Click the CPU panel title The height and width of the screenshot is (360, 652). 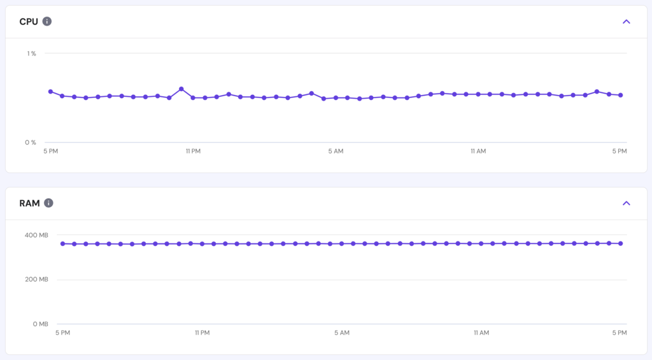tap(29, 22)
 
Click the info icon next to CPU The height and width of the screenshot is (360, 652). tap(47, 21)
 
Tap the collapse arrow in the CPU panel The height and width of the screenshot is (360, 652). tap(626, 22)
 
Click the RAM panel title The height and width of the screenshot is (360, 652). tap(29, 203)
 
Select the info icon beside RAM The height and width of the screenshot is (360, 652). tap(48, 203)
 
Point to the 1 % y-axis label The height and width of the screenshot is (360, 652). tap(31, 54)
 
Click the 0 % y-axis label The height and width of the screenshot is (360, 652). tap(31, 142)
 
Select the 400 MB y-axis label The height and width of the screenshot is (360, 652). tap(36, 235)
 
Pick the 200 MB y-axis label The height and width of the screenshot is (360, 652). tap(36, 279)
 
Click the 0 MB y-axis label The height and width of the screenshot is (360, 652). tap(39, 324)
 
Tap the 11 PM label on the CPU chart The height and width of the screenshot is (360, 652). tap(193, 151)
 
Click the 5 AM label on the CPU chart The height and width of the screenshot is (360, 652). tap(336, 151)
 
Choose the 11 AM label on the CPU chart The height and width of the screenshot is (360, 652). tap(478, 151)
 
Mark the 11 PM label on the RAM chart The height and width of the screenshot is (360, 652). tap(202, 333)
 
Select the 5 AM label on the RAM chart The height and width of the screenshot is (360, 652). tap(342, 333)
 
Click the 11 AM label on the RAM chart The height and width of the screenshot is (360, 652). tap(481, 333)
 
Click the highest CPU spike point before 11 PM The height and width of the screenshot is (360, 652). tap(181, 89)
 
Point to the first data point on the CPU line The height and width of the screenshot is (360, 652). tap(50, 92)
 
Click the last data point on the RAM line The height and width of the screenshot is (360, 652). tap(620, 243)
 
